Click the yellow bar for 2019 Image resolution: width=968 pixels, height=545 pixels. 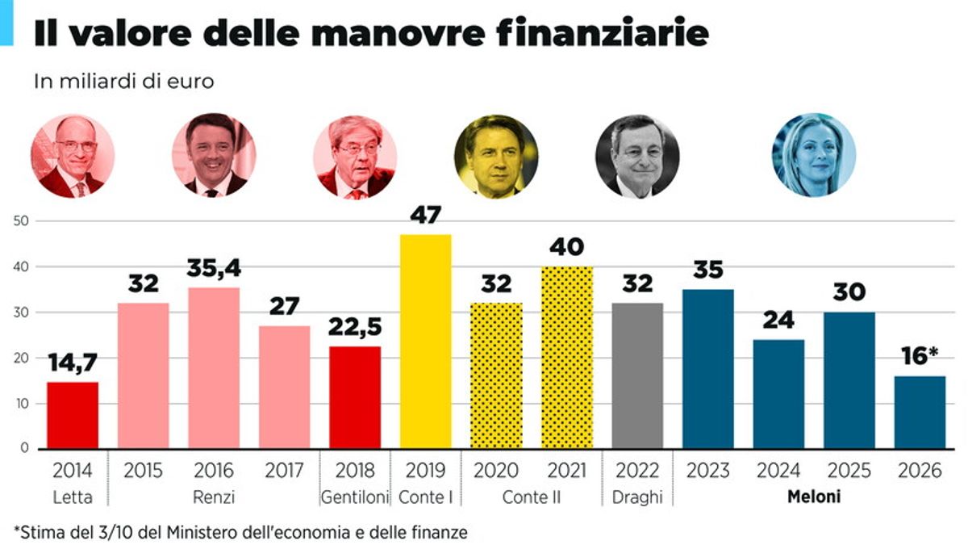(426, 341)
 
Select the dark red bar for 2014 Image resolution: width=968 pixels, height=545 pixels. (73, 415)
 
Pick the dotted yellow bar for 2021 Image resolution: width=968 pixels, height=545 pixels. (567, 357)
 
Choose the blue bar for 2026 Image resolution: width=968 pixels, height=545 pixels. (920, 412)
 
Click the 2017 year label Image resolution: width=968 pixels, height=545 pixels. (285, 471)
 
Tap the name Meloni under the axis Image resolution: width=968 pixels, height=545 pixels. (813, 497)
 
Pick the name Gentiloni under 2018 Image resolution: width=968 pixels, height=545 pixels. (355, 497)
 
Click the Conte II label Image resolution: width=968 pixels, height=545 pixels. (531, 497)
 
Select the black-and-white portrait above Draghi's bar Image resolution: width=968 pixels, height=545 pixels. (637, 156)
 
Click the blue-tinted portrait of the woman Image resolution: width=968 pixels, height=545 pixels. (813, 156)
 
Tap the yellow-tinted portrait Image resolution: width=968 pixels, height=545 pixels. (496, 156)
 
